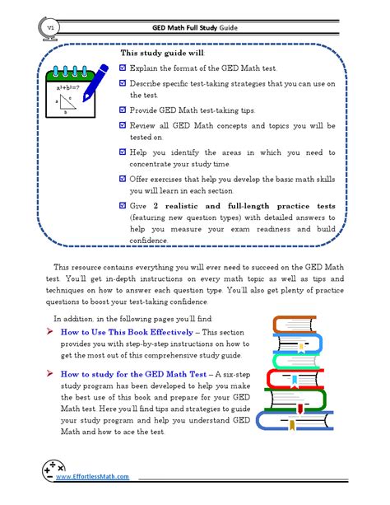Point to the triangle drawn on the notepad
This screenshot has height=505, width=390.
68,101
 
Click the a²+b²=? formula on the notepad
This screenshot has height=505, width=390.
68,86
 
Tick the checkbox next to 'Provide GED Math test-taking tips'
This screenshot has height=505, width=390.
123,110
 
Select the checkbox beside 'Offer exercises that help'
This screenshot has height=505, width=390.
123,178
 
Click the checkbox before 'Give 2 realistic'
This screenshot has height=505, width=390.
123,205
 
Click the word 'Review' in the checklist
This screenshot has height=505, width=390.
142,125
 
